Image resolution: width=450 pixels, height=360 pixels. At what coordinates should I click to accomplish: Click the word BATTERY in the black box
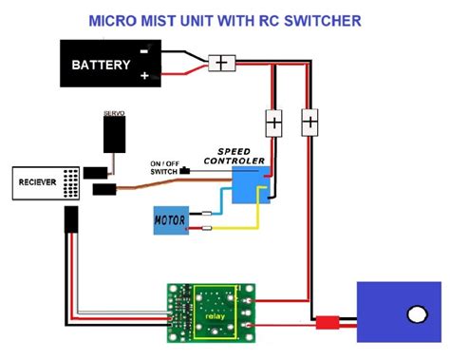[x=101, y=66]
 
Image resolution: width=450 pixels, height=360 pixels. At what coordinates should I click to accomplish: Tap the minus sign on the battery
[x=143, y=49]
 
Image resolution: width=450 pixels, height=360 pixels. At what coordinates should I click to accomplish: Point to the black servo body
[x=115, y=133]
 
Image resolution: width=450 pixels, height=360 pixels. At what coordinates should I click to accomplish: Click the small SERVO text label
[x=115, y=112]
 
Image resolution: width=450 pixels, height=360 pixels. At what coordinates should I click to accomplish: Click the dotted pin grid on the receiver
[x=71, y=183]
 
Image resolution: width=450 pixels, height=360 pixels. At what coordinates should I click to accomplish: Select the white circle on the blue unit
[x=414, y=314]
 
